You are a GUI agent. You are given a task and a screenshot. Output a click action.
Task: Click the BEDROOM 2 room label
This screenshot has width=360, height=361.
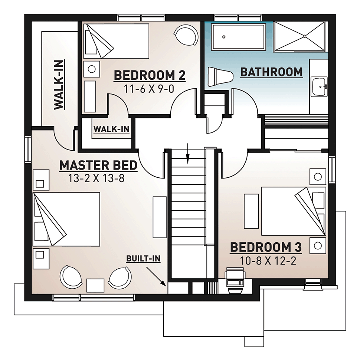tap(150, 76)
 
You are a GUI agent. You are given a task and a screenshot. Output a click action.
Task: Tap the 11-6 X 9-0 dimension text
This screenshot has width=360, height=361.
tap(149, 89)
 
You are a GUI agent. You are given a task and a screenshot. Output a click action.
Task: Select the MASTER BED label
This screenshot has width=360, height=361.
tap(98, 165)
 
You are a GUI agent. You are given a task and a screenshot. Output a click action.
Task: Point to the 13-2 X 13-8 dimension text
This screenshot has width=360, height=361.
tap(96, 178)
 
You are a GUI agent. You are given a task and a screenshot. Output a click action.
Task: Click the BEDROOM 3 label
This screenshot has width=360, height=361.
tap(266, 247)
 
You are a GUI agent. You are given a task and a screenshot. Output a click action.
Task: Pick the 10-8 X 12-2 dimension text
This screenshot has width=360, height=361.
tap(268, 261)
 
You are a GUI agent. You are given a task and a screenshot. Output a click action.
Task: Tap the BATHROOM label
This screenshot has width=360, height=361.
tap(271, 72)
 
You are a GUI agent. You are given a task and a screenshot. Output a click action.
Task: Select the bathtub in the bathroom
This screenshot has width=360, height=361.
tap(238, 37)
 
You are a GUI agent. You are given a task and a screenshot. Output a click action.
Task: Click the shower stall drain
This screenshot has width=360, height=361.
tap(305, 36)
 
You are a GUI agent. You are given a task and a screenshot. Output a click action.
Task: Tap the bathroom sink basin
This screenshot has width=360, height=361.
tap(319, 86)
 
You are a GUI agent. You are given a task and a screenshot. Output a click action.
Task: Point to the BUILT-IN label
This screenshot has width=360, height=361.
tap(143, 259)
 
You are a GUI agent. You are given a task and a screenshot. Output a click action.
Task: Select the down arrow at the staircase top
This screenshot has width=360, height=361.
tap(188, 154)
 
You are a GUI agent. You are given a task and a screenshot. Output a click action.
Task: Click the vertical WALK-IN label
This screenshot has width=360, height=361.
tap(59, 85)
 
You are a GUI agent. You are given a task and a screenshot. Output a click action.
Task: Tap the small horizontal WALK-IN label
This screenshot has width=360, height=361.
tap(111, 129)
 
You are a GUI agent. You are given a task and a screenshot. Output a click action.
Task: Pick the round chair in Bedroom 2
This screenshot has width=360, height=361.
tap(186, 35)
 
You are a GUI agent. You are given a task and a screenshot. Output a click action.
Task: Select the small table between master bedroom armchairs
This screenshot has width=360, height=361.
tap(95, 285)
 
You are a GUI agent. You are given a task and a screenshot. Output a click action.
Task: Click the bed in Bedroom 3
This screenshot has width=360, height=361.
tap(294, 211)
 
